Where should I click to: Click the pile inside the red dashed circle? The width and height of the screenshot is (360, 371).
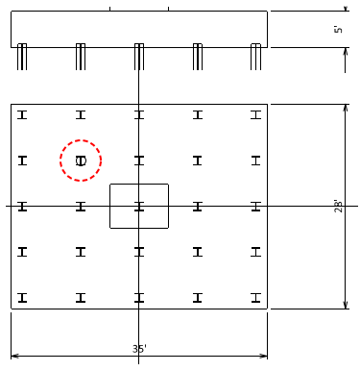point(81,161)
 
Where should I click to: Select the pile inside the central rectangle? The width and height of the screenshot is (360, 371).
point(139,206)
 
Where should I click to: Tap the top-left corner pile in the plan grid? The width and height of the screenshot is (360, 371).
point(22,114)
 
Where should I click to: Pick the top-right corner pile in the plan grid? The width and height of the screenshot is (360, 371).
point(255,114)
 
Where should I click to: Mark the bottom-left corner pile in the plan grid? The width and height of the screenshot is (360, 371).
point(22,298)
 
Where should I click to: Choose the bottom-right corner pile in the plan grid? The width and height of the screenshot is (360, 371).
point(255,298)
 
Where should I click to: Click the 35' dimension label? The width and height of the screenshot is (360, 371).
point(139,349)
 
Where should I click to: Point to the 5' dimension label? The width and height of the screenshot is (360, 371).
point(338,30)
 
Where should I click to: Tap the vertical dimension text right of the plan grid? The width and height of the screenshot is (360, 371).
point(338,206)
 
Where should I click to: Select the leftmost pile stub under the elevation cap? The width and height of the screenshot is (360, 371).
point(22,57)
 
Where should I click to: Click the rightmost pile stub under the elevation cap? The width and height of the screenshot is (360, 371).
point(255,57)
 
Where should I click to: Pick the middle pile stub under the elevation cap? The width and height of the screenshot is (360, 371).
point(139,57)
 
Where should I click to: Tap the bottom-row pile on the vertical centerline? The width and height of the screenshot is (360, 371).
point(139,298)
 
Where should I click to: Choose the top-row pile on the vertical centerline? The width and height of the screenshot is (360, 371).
point(139,114)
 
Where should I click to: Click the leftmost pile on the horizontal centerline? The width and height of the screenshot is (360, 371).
point(22,206)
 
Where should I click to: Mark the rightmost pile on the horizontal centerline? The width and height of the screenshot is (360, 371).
point(255,206)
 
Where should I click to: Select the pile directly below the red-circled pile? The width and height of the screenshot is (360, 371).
point(81,206)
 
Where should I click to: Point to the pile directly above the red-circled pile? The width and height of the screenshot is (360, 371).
point(81,114)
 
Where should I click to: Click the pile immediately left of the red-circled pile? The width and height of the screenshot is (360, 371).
point(22,161)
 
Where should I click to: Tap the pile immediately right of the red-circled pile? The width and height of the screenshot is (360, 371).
point(139,161)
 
